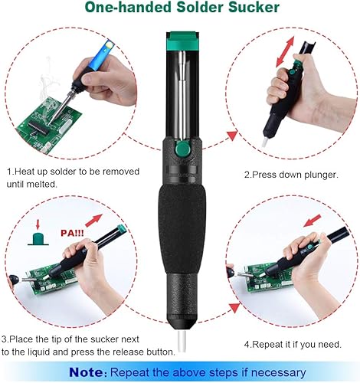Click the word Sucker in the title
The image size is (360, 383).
coord(254,7)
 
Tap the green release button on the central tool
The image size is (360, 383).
coord(182,149)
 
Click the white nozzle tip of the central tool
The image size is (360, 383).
coord(182,342)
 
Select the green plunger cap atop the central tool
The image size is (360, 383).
coord(182,41)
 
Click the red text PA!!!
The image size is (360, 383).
coord(72,233)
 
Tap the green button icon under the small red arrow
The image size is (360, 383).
coord(38,239)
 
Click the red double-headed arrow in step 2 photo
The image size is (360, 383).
coord(285,51)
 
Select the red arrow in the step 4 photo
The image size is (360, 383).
coord(313,221)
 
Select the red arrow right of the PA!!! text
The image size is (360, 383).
coord(93,221)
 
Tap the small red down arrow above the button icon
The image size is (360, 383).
coord(38,224)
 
